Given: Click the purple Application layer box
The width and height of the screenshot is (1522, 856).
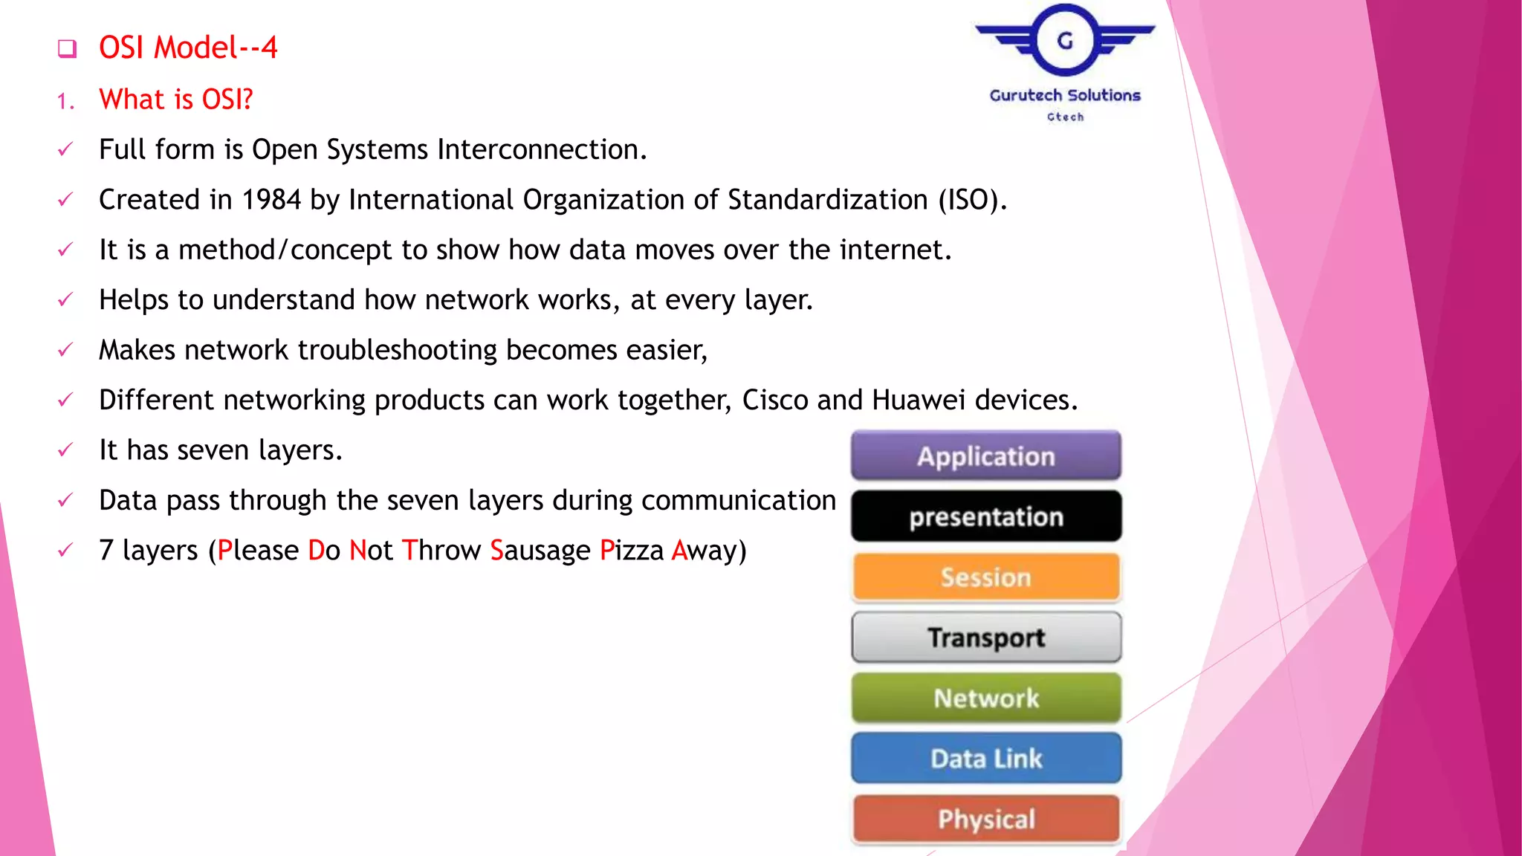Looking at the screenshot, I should [985, 455].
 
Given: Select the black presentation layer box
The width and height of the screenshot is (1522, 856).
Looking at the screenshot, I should [985, 516].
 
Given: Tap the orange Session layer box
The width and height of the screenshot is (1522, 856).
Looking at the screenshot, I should [985, 577].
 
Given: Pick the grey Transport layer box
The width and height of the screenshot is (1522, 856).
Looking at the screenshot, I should [985, 638].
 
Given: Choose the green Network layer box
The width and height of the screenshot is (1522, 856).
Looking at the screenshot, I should [985, 698].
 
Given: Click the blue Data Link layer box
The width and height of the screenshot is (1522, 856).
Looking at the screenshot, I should [985, 758].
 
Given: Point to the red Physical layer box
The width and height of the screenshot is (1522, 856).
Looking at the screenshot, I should [985, 819].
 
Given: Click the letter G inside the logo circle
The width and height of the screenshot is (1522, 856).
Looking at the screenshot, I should [1065, 41].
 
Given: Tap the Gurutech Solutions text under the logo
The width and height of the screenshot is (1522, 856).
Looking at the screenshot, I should [1064, 95].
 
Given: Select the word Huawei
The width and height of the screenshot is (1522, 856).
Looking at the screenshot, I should [919, 401].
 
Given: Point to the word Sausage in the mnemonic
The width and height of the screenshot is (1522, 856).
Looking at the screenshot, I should [540, 551].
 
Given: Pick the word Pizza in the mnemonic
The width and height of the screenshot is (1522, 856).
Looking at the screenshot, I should [632, 551].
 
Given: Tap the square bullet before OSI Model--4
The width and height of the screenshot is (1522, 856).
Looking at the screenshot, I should [67, 49].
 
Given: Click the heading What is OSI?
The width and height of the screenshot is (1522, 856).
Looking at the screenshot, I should [176, 100].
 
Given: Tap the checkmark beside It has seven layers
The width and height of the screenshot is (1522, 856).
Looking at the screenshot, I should [65, 450].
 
